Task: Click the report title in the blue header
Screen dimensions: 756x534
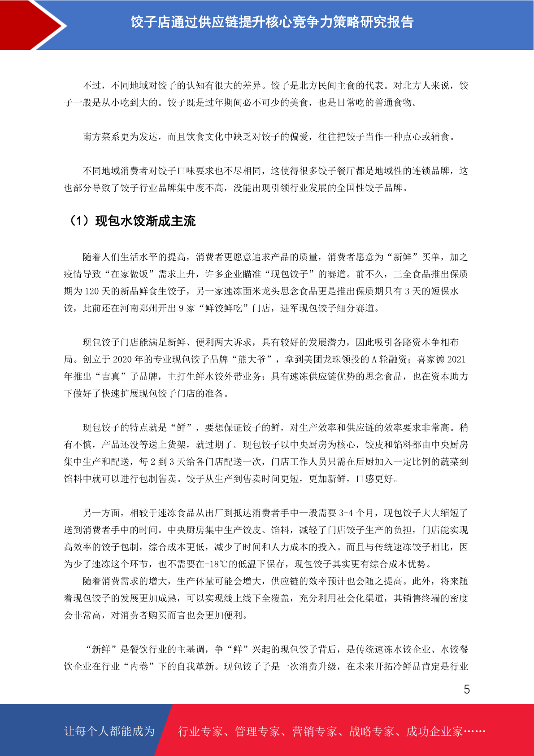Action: point(272,22)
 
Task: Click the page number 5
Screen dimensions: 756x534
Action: point(467,690)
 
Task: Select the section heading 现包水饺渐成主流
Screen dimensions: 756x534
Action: point(145,221)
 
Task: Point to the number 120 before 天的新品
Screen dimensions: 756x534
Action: point(92,291)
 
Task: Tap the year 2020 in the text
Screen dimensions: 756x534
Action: point(122,360)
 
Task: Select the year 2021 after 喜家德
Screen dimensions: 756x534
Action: point(456,360)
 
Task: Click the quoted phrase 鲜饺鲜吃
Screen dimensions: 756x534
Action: point(224,308)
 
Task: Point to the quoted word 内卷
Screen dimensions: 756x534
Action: point(139,667)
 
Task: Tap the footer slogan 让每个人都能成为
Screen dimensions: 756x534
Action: point(109,731)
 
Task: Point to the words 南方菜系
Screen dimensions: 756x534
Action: point(101,137)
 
